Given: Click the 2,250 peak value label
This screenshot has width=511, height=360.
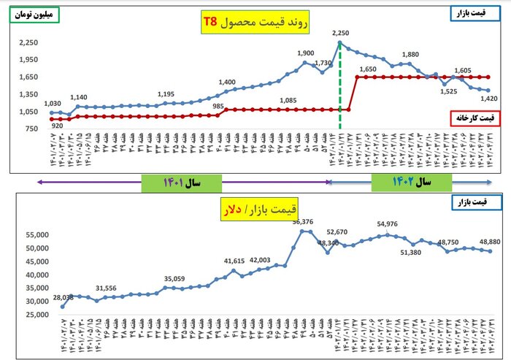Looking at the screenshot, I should [341, 33].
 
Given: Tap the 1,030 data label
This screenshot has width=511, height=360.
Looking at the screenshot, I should [52, 104].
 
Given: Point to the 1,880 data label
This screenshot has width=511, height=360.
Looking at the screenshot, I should [410, 54].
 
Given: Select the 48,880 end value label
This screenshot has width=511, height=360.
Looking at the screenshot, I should [489, 241].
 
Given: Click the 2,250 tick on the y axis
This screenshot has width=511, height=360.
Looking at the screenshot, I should [28, 43].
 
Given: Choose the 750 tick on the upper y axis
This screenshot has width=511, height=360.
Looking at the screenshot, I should [31, 129].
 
